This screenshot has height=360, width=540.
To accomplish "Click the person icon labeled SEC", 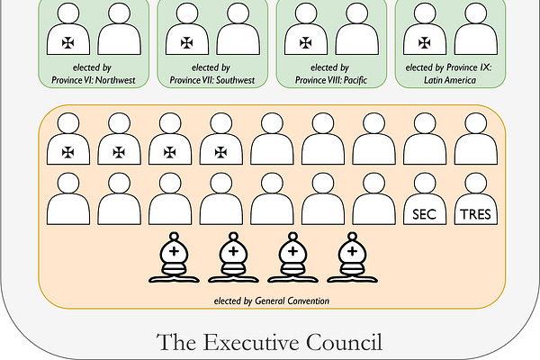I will [423, 200].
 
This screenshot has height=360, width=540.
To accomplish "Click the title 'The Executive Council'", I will [269, 342].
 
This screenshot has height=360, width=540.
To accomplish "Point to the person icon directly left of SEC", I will [373, 200].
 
